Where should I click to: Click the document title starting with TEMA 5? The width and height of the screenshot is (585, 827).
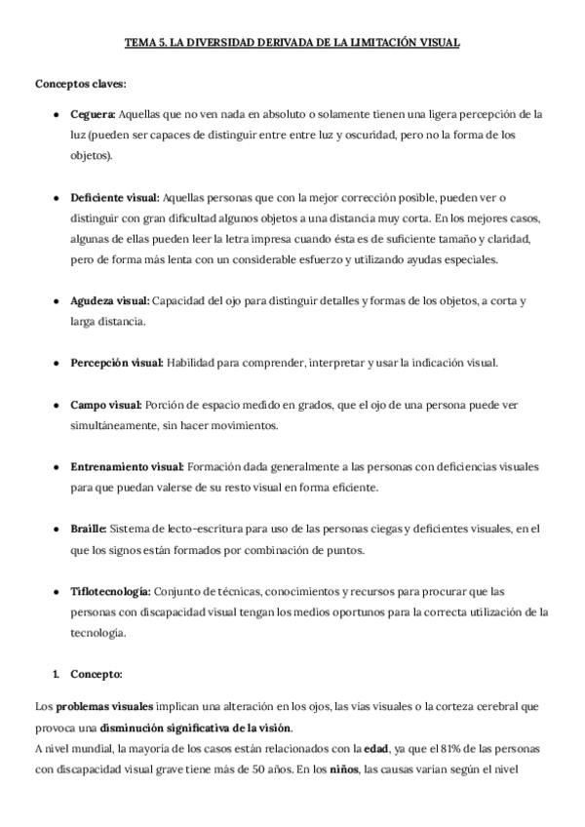292,43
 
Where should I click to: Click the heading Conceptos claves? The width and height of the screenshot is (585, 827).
80,83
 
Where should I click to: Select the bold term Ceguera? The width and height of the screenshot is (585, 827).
94,114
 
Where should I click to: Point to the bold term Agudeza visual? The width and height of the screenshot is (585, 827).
110,301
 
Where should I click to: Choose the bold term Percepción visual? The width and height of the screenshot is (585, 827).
117,363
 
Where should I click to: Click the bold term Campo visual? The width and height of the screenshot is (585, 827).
106,405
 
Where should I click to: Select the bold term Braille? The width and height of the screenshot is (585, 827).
89,529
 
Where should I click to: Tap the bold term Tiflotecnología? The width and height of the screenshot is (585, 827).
110,591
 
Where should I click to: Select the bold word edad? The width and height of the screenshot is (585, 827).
376,748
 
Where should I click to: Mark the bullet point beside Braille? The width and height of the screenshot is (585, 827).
57,530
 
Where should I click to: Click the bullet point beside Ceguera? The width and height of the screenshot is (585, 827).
57,115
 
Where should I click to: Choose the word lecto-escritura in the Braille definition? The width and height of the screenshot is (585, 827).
176,529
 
